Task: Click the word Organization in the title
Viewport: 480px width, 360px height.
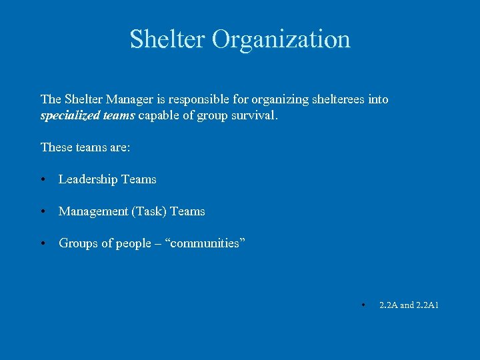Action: [281, 39]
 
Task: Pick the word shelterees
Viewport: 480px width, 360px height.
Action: [337, 99]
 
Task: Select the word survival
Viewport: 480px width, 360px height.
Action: [253, 115]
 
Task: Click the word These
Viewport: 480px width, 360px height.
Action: [55, 147]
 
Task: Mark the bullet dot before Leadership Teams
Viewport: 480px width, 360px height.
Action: [43, 179]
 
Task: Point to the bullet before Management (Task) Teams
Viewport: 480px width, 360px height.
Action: [43, 211]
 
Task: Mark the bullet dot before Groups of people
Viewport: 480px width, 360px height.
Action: [43, 243]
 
